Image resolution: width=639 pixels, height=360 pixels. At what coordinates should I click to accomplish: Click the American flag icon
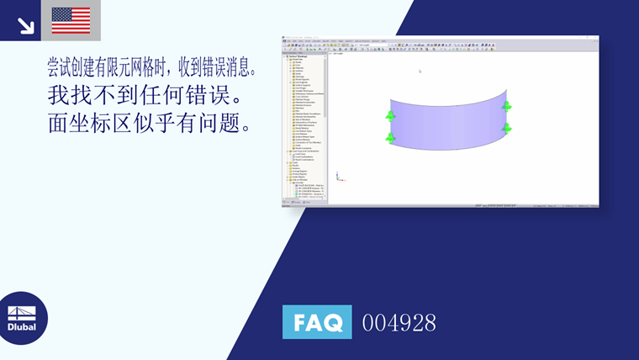[x=71, y=20]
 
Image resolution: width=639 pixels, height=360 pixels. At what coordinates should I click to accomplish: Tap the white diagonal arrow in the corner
[x=26, y=25]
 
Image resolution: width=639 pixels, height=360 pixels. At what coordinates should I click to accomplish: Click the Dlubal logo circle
[x=23, y=318]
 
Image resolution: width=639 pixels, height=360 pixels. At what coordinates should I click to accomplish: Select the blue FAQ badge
[x=317, y=322]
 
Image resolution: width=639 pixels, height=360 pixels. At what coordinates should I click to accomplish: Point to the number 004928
[x=399, y=323]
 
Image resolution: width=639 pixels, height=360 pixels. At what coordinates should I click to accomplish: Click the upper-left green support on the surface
[x=390, y=116]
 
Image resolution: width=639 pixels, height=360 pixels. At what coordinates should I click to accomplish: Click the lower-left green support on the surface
[x=390, y=137]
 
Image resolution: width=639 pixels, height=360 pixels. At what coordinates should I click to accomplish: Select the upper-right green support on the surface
[x=506, y=106]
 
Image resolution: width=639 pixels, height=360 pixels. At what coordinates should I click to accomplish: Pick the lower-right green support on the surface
[x=506, y=128]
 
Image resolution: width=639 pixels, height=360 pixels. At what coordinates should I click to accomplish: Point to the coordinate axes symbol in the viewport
[x=337, y=177]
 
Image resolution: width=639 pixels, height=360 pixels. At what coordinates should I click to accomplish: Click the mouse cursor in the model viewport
[x=420, y=71]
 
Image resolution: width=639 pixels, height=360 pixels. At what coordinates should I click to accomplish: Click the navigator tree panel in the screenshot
[x=303, y=126]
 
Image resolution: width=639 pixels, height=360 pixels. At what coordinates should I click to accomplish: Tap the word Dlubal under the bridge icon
[x=23, y=326]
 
